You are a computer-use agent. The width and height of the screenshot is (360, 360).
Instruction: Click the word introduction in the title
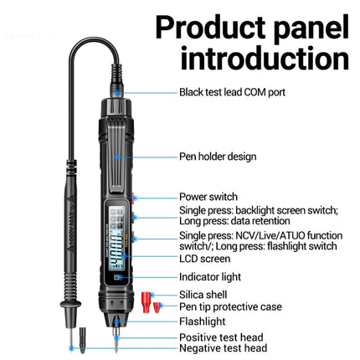coord(265,59)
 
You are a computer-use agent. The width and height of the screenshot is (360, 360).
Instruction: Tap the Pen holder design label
coord(218,156)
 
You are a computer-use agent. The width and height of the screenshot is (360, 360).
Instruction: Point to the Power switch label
coord(208,197)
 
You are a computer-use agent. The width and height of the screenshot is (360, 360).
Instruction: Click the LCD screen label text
coord(205,259)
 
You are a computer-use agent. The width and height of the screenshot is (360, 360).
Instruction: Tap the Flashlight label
coord(202,321)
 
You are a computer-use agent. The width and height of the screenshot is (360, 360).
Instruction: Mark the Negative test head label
coord(224,348)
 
